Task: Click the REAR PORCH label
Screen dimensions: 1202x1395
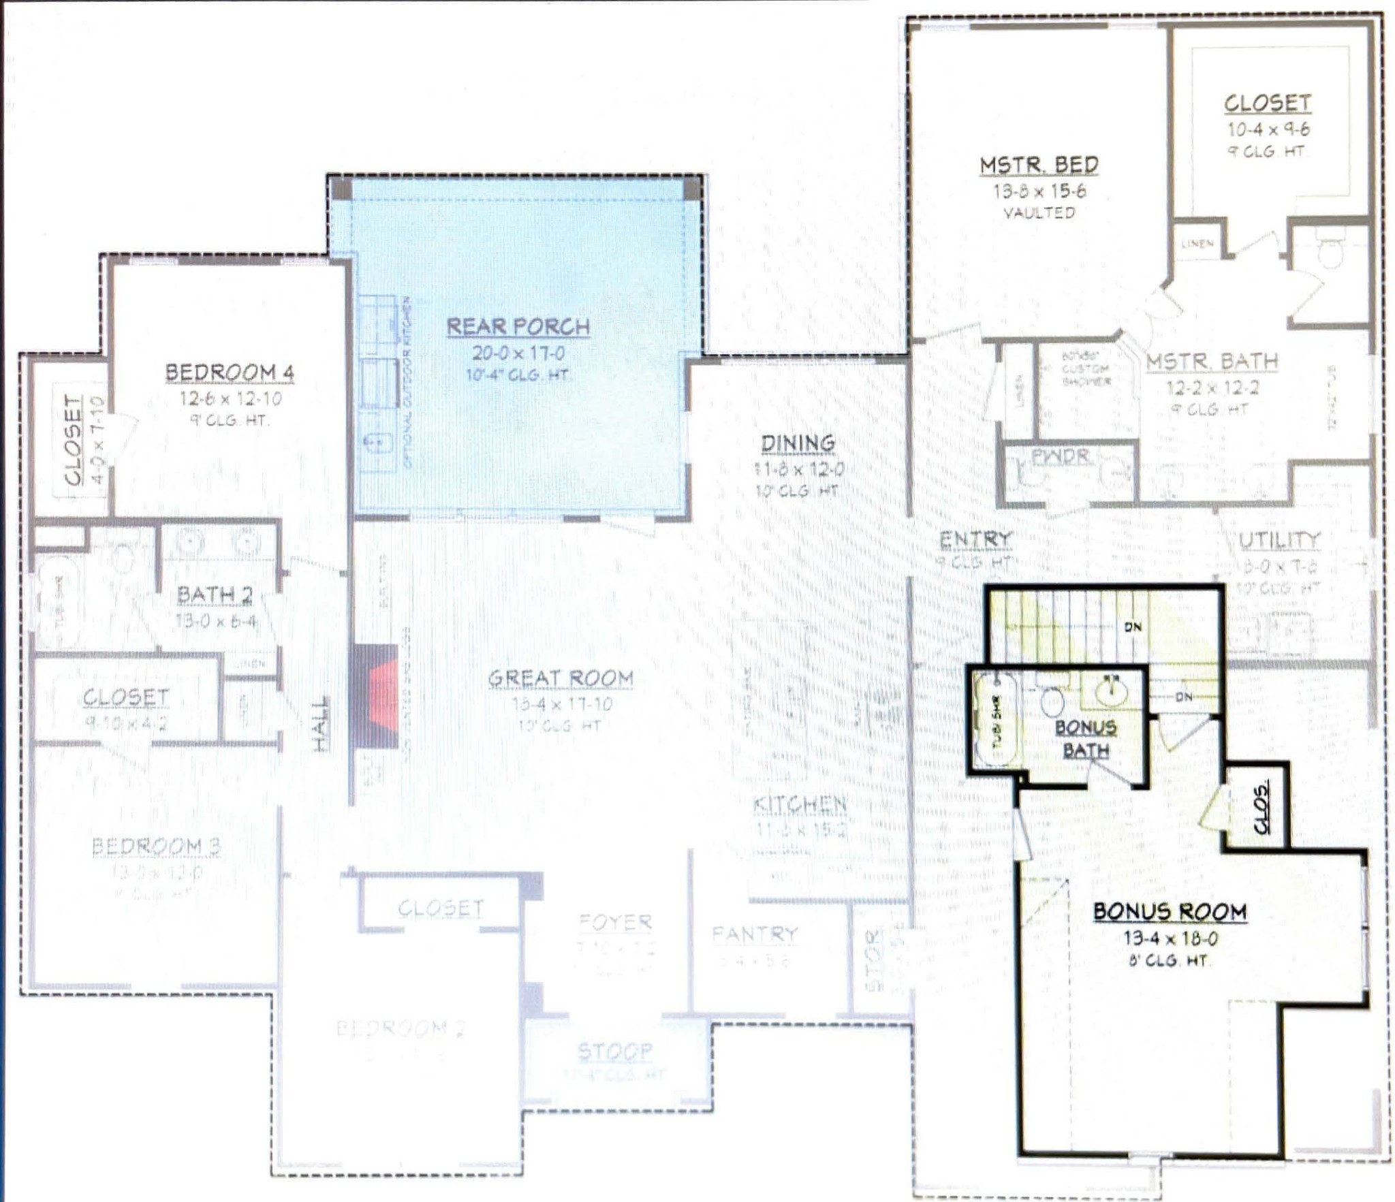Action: click(x=518, y=327)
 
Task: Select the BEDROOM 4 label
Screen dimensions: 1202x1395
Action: click(x=230, y=373)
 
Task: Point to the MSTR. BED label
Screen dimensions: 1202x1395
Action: click(x=1039, y=165)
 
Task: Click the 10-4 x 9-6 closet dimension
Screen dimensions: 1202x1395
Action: click(x=1268, y=129)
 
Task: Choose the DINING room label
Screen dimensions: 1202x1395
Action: click(x=798, y=443)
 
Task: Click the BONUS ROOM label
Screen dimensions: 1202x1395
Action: click(x=1170, y=912)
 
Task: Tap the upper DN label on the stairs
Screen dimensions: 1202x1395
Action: click(x=1133, y=627)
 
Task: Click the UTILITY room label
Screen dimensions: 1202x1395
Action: click(x=1279, y=540)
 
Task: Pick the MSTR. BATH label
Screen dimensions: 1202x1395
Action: click(x=1212, y=362)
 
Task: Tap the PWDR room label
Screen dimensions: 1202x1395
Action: click(x=1060, y=456)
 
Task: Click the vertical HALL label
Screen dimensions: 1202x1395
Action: click(x=320, y=723)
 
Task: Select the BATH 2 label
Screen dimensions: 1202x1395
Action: click(x=215, y=595)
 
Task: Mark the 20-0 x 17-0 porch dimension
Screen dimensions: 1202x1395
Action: click(x=518, y=353)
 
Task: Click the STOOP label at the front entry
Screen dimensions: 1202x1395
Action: click(x=614, y=1052)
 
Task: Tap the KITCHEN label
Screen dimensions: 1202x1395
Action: click(x=800, y=805)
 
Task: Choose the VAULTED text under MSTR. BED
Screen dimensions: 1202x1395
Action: click(x=1039, y=213)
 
